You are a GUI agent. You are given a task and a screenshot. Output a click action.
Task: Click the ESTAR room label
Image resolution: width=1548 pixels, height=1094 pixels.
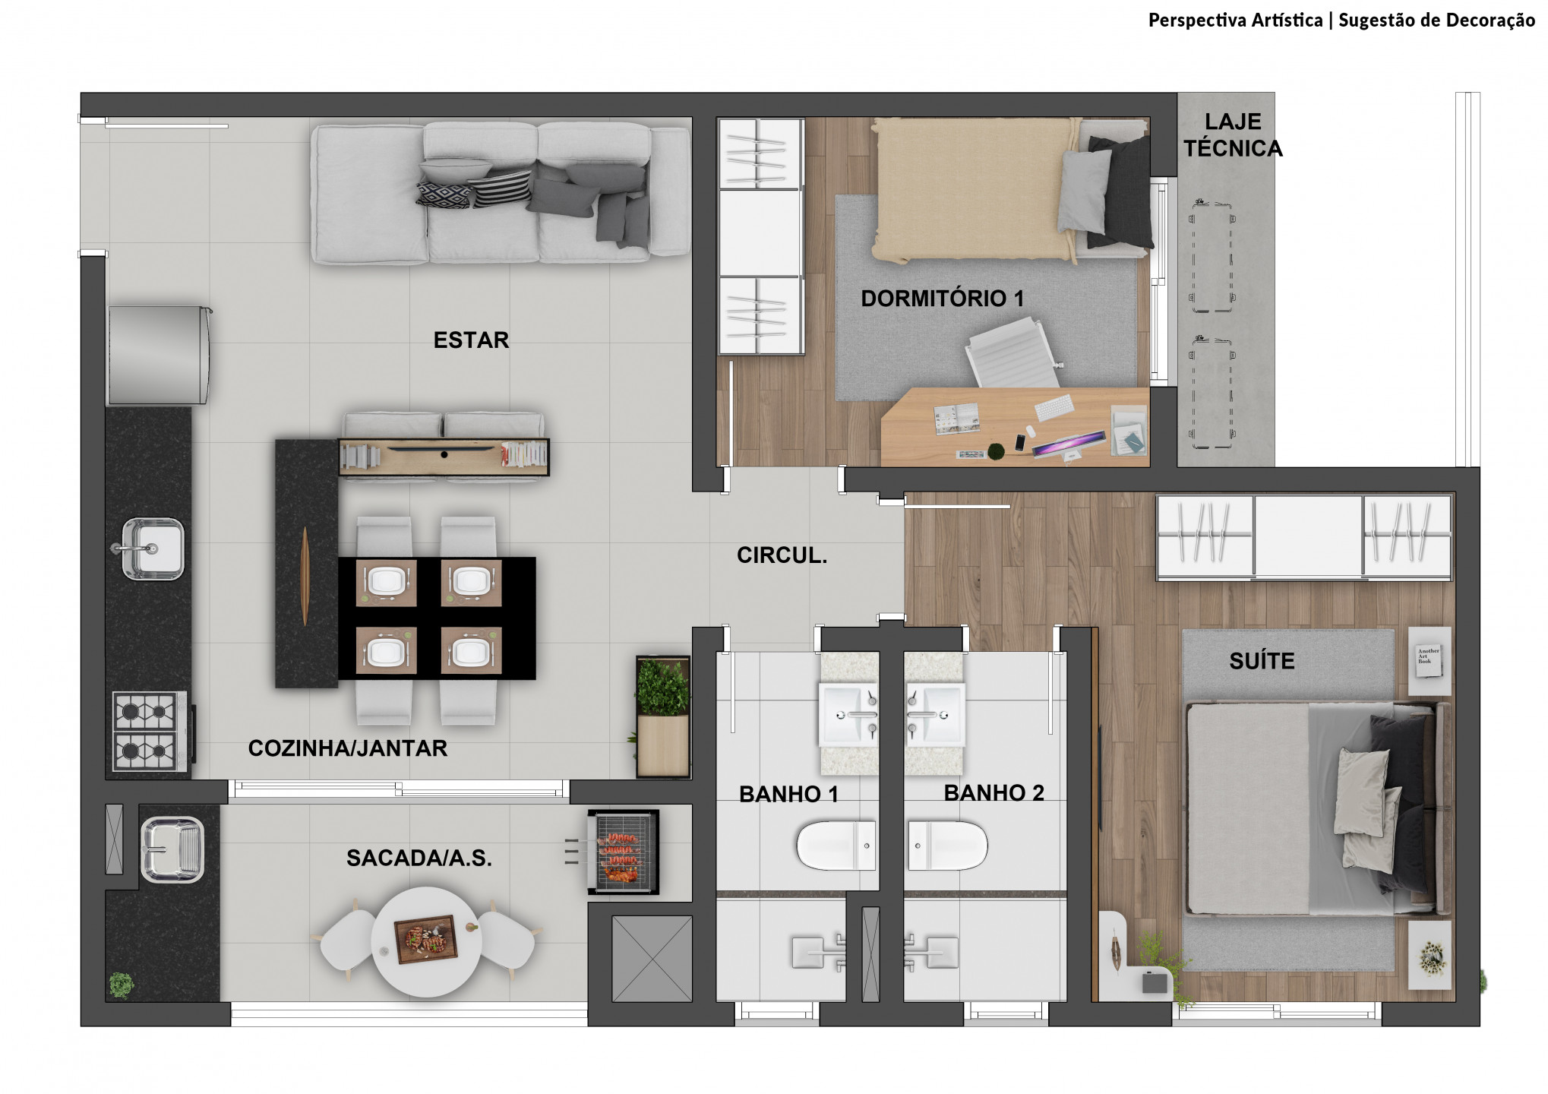[471, 340]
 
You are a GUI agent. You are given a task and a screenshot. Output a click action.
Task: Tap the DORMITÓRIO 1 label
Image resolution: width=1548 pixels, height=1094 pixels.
[942, 299]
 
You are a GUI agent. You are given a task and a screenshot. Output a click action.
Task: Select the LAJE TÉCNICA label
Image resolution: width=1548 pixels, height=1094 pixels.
[1232, 134]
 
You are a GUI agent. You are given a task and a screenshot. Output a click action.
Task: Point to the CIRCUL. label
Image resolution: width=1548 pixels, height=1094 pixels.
[782, 555]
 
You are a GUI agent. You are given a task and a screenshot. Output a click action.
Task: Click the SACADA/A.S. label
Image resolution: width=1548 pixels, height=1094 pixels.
[419, 858]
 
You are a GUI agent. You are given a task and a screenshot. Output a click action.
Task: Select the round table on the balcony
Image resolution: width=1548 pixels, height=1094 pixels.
[425, 941]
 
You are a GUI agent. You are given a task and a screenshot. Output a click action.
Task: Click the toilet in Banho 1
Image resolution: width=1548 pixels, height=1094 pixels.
[836, 845]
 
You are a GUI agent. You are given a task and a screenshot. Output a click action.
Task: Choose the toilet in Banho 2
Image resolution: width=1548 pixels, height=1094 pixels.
[948, 845]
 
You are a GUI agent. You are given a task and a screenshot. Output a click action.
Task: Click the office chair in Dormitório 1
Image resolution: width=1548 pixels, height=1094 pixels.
[1010, 353]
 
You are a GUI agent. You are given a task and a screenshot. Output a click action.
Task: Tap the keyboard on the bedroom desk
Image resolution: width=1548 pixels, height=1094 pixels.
[1054, 407]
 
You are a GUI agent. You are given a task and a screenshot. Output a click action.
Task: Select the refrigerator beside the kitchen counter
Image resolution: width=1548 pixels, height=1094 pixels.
[158, 355]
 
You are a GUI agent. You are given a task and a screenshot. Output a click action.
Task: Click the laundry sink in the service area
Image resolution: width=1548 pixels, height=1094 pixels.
[172, 849]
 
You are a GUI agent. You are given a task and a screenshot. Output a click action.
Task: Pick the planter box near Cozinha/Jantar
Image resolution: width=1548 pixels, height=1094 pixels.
[663, 716]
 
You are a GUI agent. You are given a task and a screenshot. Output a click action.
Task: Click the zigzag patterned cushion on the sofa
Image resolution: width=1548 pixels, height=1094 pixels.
[444, 194]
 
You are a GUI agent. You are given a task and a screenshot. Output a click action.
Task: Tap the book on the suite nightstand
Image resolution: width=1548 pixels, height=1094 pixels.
[1429, 656]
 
